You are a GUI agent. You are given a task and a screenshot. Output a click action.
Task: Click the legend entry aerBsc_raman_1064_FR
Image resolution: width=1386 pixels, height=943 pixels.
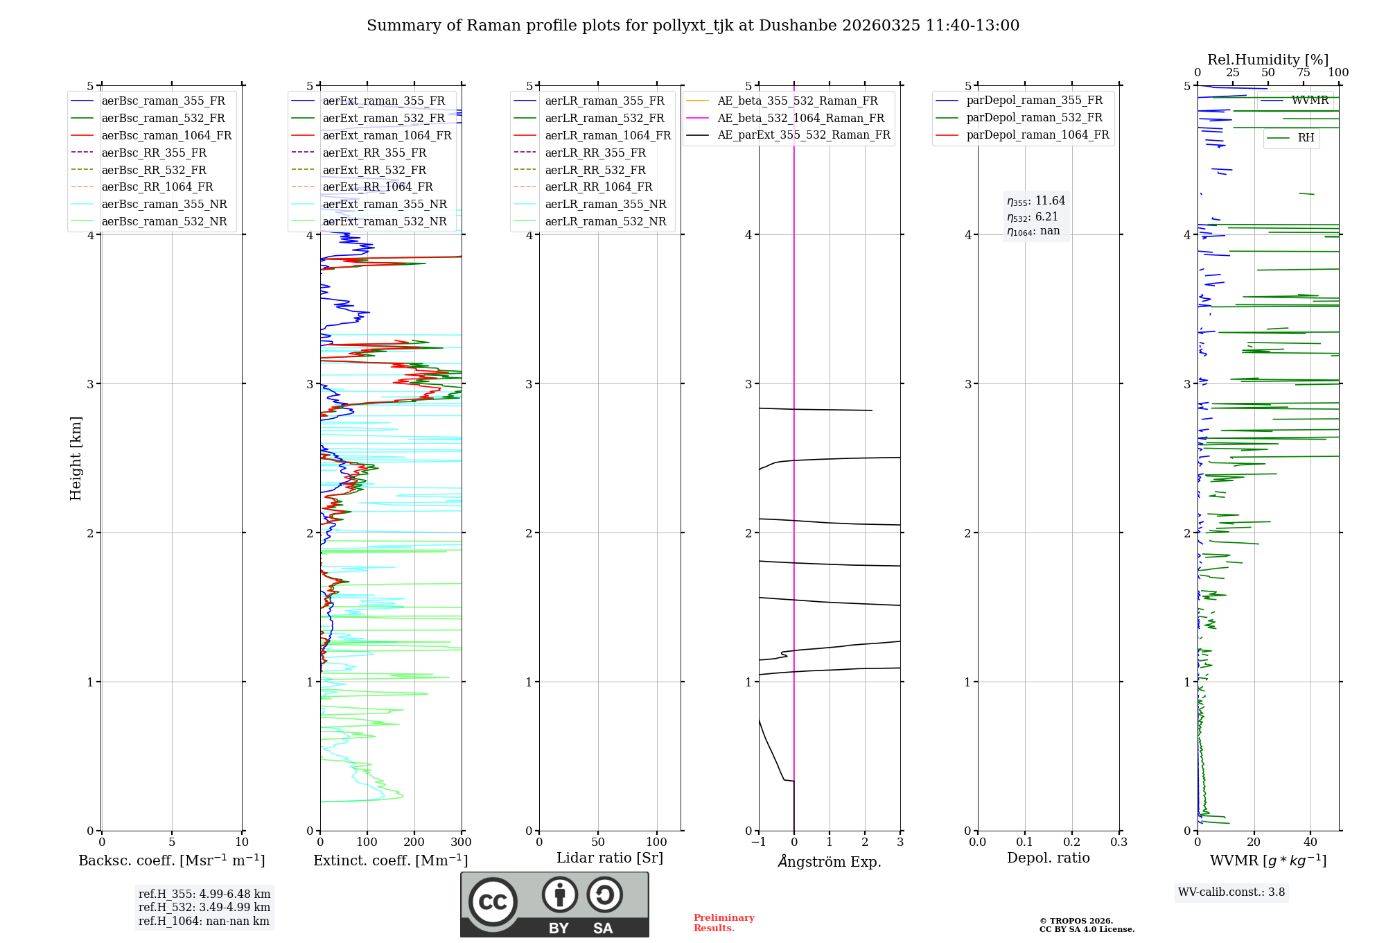point(166,136)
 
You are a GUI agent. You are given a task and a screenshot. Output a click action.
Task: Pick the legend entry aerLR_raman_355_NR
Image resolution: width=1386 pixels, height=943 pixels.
point(605,205)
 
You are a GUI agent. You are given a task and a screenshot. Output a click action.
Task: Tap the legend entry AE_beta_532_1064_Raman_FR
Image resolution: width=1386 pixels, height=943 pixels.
point(800,119)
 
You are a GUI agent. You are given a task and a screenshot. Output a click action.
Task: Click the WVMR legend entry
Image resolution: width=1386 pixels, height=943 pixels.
point(1309,101)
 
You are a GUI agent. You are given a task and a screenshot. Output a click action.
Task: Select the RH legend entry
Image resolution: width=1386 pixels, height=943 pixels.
point(1306,138)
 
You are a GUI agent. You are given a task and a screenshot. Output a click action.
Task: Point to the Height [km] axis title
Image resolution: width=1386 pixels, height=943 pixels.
point(76,458)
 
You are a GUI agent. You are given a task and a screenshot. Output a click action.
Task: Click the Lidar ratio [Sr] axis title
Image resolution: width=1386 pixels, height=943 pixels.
point(610,858)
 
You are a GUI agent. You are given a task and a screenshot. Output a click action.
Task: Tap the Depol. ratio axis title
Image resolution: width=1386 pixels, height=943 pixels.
point(1048,858)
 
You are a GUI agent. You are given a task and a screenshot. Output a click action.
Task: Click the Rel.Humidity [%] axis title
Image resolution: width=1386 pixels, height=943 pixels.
point(1267,60)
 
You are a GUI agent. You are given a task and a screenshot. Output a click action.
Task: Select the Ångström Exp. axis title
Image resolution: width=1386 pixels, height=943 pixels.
point(830,862)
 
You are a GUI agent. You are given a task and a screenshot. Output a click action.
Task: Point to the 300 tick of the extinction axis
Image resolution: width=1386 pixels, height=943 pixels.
point(461,842)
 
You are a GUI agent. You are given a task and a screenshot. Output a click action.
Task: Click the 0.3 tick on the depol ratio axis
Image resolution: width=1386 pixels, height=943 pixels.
point(1119,842)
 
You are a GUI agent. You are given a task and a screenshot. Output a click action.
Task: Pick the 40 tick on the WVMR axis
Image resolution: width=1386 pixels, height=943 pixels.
point(1310,842)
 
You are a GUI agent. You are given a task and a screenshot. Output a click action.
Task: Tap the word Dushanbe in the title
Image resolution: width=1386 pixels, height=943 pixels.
point(798,26)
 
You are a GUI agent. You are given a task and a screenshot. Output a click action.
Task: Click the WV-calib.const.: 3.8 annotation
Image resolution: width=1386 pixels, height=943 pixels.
point(1231,892)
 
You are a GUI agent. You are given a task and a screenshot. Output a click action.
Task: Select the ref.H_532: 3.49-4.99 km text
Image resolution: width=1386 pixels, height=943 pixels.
point(204,908)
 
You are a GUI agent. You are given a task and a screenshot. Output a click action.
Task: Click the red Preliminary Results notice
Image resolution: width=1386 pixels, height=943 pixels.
point(723,923)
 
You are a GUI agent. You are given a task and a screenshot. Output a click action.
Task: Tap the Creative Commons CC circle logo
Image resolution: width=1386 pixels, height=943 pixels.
point(493,902)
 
